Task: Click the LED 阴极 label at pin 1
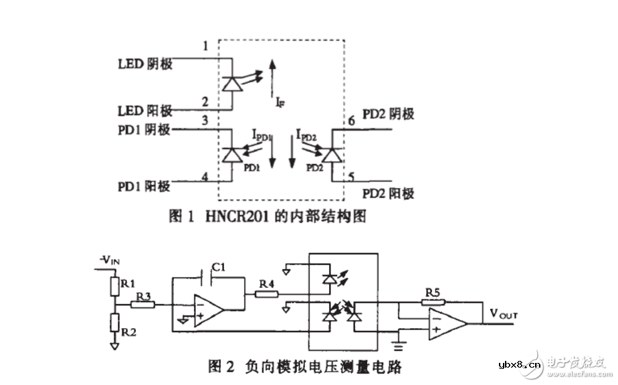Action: (x=145, y=64)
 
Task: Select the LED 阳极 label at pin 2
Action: (x=145, y=110)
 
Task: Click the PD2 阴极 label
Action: (x=388, y=114)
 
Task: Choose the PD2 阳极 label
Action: (x=388, y=194)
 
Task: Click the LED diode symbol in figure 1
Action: (x=232, y=83)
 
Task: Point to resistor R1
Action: (x=116, y=287)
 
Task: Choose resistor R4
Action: (x=266, y=293)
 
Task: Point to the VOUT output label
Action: (x=504, y=313)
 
